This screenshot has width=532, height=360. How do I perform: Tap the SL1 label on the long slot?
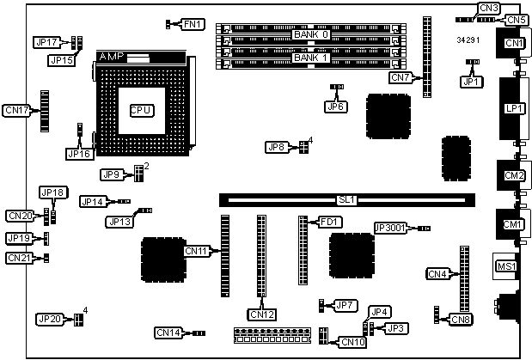(x=346, y=199)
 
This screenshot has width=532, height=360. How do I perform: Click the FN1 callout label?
(x=193, y=24)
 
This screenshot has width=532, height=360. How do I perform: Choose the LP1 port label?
(x=514, y=109)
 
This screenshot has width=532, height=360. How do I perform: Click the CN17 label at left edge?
(x=17, y=110)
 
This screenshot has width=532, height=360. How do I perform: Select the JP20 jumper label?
(x=50, y=319)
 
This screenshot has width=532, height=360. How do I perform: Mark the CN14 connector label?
(x=168, y=333)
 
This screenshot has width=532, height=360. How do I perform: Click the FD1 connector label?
(x=330, y=222)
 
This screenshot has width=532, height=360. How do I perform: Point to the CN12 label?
(x=263, y=314)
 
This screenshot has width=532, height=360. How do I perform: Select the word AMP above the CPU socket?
(x=113, y=57)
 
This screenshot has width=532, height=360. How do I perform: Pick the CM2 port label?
(x=514, y=176)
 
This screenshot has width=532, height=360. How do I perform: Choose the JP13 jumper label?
(x=120, y=221)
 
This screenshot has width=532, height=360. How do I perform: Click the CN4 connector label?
(x=437, y=274)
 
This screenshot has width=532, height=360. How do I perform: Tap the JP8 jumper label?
(x=277, y=148)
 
